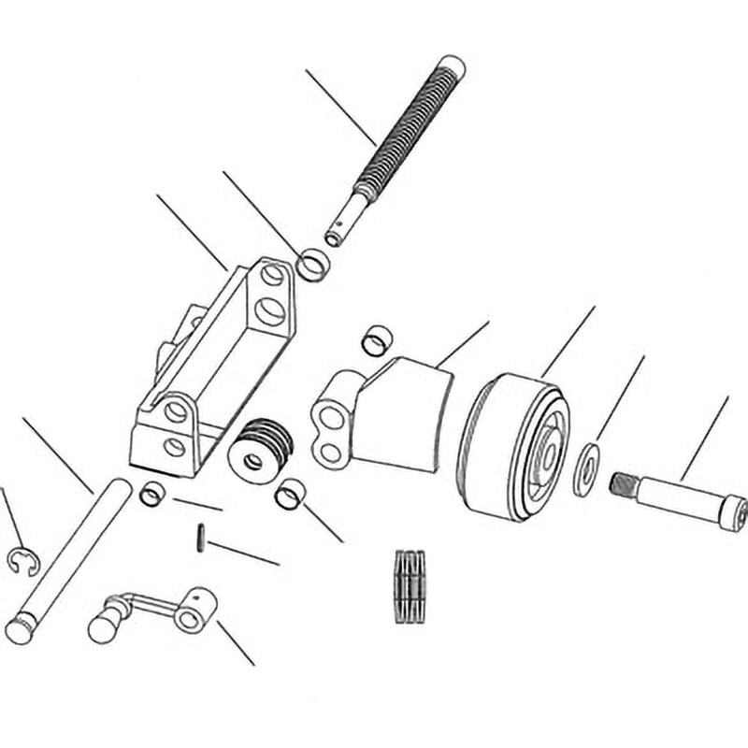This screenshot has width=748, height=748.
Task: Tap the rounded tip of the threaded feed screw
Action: click(x=452, y=65)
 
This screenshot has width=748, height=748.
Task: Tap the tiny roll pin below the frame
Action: click(x=200, y=539)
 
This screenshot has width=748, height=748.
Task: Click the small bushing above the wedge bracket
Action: click(x=377, y=340)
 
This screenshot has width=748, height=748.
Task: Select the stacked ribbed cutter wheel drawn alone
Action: click(x=409, y=586)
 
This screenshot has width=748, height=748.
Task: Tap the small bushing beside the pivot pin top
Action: click(x=151, y=493)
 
